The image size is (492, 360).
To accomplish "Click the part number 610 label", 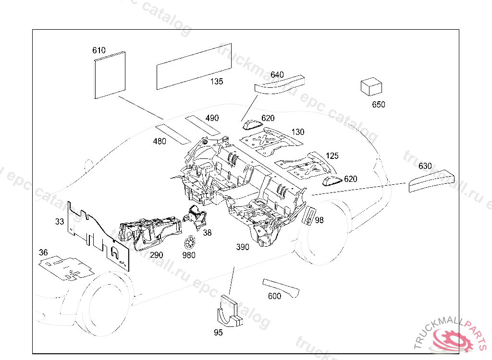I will click(x=99, y=50).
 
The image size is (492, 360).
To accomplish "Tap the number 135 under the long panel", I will click(x=216, y=82).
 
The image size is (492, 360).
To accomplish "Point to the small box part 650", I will click(x=371, y=88).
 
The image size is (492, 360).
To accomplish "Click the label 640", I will click(x=277, y=75).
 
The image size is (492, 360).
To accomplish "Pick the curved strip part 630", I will click(x=431, y=181).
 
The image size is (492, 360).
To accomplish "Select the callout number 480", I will click(x=160, y=141).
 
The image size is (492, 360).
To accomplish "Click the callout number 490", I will click(x=212, y=118).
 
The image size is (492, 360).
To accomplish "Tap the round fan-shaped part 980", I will click(x=190, y=241).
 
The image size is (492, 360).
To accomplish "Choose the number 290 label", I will click(x=157, y=255).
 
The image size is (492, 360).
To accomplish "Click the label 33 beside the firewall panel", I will click(x=60, y=222).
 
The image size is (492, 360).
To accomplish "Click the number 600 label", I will click(x=274, y=296).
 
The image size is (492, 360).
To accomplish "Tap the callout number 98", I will click(x=319, y=220).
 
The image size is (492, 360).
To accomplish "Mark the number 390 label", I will click(x=243, y=247).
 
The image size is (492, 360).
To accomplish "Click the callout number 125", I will click(x=332, y=156).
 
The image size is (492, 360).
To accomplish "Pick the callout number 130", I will click(x=298, y=132).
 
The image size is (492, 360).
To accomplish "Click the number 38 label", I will click(x=207, y=232).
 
